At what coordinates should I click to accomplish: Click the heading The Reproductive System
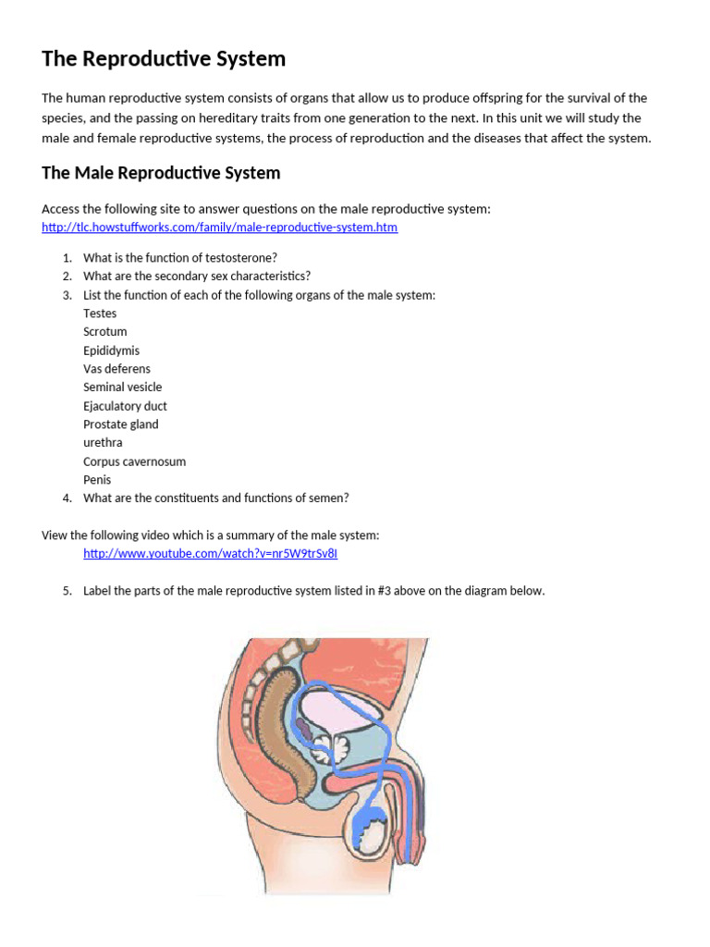[164, 59]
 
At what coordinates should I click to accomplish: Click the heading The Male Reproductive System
[161, 173]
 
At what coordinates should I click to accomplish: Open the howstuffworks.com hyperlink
[219, 227]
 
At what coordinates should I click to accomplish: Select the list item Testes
[100, 314]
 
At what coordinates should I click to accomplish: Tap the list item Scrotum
[105, 332]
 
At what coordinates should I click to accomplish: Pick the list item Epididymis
[112, 351]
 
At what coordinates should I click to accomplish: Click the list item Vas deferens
[116, 369]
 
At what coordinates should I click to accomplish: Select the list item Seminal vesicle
[122, 387]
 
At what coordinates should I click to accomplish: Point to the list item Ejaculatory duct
[125, 406]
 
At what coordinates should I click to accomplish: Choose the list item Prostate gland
[120, 424]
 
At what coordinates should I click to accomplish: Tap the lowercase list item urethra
[103, 443]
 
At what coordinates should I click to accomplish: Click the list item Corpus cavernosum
[134, 461]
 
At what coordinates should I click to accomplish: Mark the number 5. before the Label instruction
[67, 591]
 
